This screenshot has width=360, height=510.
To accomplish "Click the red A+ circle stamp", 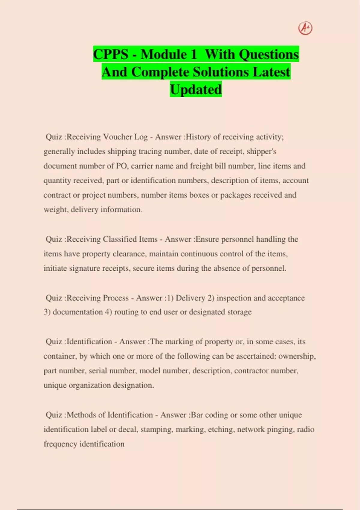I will coord(305,28).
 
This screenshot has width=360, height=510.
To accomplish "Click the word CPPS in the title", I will coord(111,54).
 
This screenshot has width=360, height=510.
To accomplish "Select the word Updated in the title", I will coord(196,89).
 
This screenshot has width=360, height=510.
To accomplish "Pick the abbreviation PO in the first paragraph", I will coord(122,166).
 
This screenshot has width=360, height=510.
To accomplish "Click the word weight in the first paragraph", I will coord(55,209).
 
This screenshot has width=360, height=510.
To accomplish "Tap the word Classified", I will coord(119,239).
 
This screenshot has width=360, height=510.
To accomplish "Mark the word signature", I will coord(84,268).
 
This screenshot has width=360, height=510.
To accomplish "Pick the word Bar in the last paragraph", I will coord(197,415).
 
